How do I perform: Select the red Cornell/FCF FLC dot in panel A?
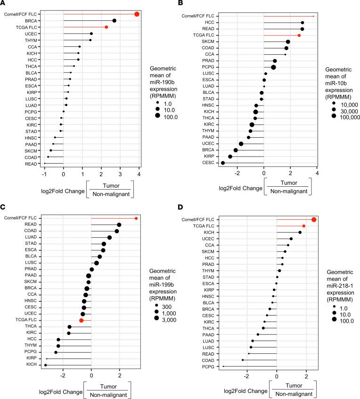137,14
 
